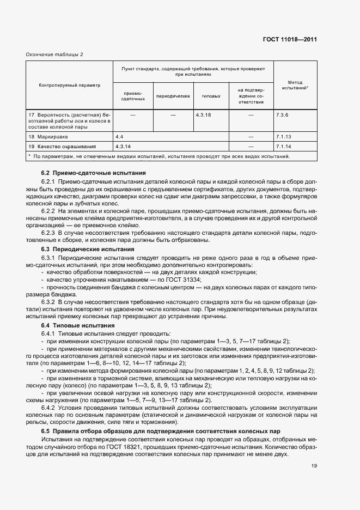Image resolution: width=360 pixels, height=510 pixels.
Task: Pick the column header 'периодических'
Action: click(173, 96)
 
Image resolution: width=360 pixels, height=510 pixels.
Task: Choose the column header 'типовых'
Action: click(211, 96)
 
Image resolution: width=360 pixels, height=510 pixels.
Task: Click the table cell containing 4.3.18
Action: click(204, 115)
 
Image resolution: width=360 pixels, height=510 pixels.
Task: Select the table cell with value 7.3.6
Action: click(283, 115)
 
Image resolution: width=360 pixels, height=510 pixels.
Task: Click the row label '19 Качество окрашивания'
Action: click(62, 146)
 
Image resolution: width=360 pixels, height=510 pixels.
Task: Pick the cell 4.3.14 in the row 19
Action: click(124, 146)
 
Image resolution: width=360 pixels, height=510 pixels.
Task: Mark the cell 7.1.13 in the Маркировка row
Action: click(284, 136)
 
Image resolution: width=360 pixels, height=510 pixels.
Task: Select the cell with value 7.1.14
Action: click(284, 146)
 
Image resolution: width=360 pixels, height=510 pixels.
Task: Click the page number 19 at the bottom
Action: click(314, 465)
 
